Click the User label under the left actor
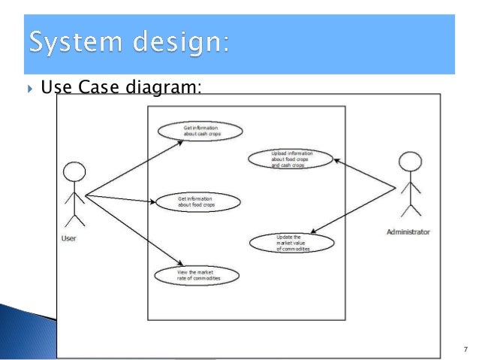click(68, 238)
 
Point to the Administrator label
click(408, 232)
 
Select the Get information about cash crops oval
click(200, 132)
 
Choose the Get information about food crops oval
click(197, 201)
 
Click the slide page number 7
click(465, 349)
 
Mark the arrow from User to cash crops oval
click(135, 167)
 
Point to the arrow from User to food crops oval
click(120, 198)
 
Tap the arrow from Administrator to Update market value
click(353, 210)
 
